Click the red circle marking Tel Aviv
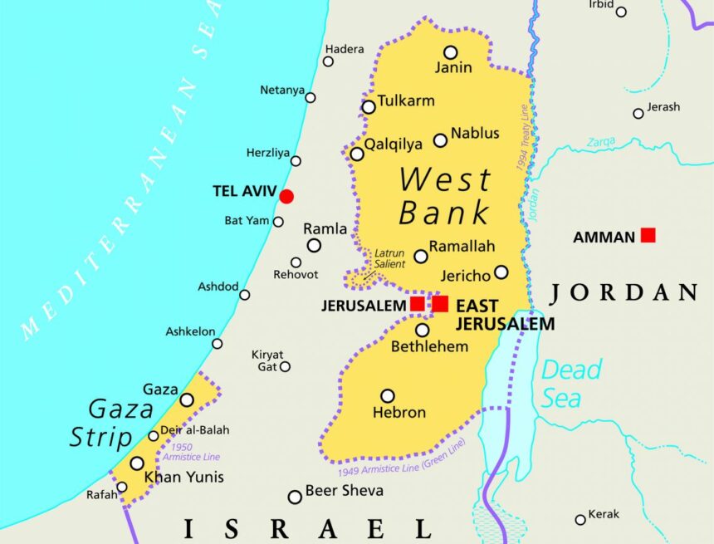pyautogui.click(x=286, y=196)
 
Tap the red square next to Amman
pyautogui.click(x=648, y=236)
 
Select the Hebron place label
pyautogui.click(x=399, y=413)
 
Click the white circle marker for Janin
pyautogui.click(x=450, y=52)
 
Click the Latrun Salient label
pyautogui.click(x=389, y=258)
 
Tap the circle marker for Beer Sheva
pyautogui.click(x=295, y=497)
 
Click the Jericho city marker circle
pyautogui.click(x=501, y=272)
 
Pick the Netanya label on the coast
pyautogui.click(x=282, y=90)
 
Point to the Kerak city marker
pyautogui.click(x=580, y=519)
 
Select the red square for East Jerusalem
pyautogui.click(x=440, y=304)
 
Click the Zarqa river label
pyautogui.click(x=601, y=142)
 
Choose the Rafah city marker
pyautogui.click(x=122, y=488)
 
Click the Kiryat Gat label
pyautogui.click(x=267, y=360)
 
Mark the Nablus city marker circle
pyautogui.click(x=441, y=140)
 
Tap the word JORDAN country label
pyautogui.click(x=624, y=292)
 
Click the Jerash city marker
pyautogui.click(x=638, y=113)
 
